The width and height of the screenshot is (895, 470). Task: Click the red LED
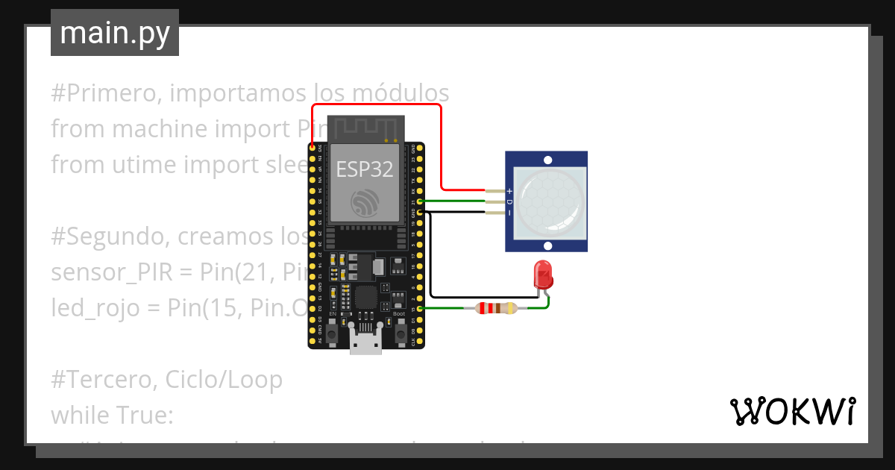point(543,275)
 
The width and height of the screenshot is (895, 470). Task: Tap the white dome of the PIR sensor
point(547,201)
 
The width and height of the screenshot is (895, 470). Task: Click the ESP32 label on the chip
point(363,169)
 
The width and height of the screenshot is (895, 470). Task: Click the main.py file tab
point(114,33)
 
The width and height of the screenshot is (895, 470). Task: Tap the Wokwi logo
point(791,411)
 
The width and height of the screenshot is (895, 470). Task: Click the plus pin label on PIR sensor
point(509,191)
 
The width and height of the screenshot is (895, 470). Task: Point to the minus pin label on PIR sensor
point(509,213)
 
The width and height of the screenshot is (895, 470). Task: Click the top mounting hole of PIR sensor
point(547,160)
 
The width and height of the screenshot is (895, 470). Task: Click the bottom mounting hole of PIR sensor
point(547,245)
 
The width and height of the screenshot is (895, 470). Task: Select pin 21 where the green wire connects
point(421,201)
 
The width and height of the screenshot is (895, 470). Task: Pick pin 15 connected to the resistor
point(421,308)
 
